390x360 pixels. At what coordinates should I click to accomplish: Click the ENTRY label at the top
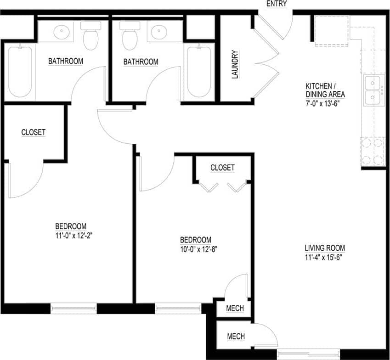tap(276, 4)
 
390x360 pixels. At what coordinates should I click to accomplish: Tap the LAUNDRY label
tap(235, 64)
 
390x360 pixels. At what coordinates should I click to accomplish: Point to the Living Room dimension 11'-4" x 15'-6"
tap(325, 257)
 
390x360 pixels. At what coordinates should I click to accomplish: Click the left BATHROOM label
tap(66, 61)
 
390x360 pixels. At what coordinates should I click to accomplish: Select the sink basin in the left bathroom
tap(62, 32)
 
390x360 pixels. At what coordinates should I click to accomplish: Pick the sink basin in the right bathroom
tap(159, 32)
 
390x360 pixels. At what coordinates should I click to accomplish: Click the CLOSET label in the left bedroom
tap(34, 132)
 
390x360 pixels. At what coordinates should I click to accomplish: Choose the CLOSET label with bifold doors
tap(222, 168)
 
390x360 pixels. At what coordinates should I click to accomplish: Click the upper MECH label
tap(235, 308)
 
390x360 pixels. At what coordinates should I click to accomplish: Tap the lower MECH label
tap(236, 337)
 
